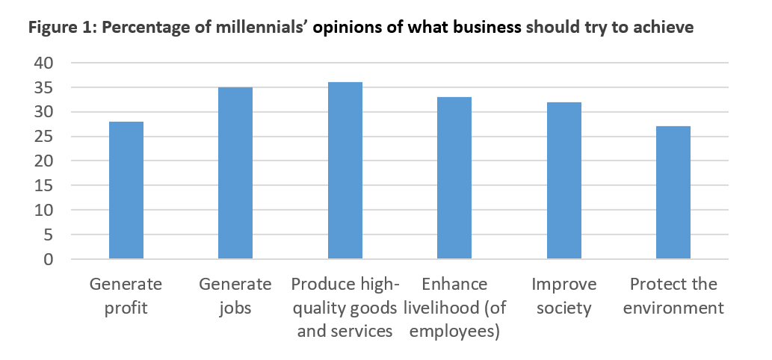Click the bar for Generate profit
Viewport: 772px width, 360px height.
tap(126, 190)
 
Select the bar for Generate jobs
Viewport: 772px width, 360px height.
tap(235, 173)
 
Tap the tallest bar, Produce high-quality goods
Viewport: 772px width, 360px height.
tap(345, 171)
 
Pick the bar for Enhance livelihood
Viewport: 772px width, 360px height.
tap(454, 179)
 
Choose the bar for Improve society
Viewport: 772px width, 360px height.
tap(563, 181)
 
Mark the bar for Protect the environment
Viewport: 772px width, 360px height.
tap(673, 193)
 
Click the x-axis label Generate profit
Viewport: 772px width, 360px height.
tap(126, 296)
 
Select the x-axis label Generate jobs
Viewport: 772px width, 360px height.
tap(235, 296)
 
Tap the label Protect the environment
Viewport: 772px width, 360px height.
tap(673, 296)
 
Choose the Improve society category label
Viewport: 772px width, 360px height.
tap(563, 296)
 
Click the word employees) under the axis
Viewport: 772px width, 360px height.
tap(454, 331)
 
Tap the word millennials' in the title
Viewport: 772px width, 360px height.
tap(268, 28)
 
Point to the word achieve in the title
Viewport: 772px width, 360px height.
tap(664, 28)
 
